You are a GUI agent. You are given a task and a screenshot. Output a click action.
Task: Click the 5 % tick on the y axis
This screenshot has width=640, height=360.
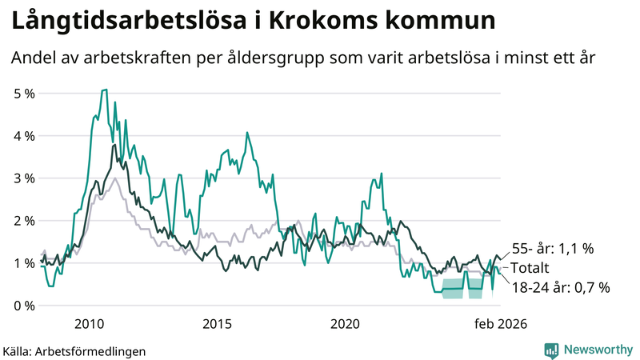[x=24, y=94]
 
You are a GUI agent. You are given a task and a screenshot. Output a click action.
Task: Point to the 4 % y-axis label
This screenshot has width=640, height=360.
[x=24, y=136]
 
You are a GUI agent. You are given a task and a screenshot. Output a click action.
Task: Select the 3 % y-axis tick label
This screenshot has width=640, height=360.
[x=24, y=178]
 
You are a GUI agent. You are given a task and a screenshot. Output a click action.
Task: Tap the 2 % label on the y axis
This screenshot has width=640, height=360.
[x=24, y=221]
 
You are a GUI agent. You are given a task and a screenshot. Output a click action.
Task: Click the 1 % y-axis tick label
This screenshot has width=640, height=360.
[x=24, y=263]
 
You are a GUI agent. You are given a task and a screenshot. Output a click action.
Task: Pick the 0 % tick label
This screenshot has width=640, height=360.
[x=24, y=306]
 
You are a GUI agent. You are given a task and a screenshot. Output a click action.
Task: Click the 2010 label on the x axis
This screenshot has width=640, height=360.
[x=89, y=324]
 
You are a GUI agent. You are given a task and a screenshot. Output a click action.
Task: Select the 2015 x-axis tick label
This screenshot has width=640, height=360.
[x=217, y=324]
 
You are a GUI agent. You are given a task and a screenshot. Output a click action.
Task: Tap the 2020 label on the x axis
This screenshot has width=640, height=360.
[x=345, y=324]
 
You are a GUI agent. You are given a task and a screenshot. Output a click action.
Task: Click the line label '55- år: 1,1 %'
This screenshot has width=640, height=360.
[x=553, y=249]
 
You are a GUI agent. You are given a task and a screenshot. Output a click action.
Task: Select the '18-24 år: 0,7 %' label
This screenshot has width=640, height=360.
[x=560, y=287]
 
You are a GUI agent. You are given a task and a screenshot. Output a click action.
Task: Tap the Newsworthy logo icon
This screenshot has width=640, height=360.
[x=551, y=350]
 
